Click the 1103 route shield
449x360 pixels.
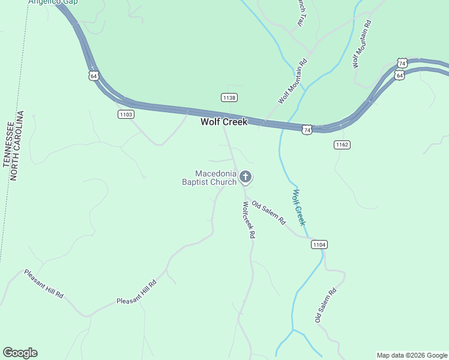125,114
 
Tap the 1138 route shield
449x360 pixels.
229,97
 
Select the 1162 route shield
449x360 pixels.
342,145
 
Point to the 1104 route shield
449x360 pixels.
319,244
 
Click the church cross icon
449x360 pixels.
245,177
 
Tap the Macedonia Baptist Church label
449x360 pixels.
209,178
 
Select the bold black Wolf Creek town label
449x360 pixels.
223,122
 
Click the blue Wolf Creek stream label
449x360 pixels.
299,207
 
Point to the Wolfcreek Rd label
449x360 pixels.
247,220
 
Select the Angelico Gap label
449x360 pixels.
53,2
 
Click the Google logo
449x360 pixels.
20,353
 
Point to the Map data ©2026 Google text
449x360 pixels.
412,355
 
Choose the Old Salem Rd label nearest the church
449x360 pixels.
268,212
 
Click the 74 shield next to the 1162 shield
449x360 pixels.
307,130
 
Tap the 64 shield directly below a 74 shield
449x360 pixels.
400,75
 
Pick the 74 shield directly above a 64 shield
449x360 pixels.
402,63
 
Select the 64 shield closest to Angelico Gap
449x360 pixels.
93,75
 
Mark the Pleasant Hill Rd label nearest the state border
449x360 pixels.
44,284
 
